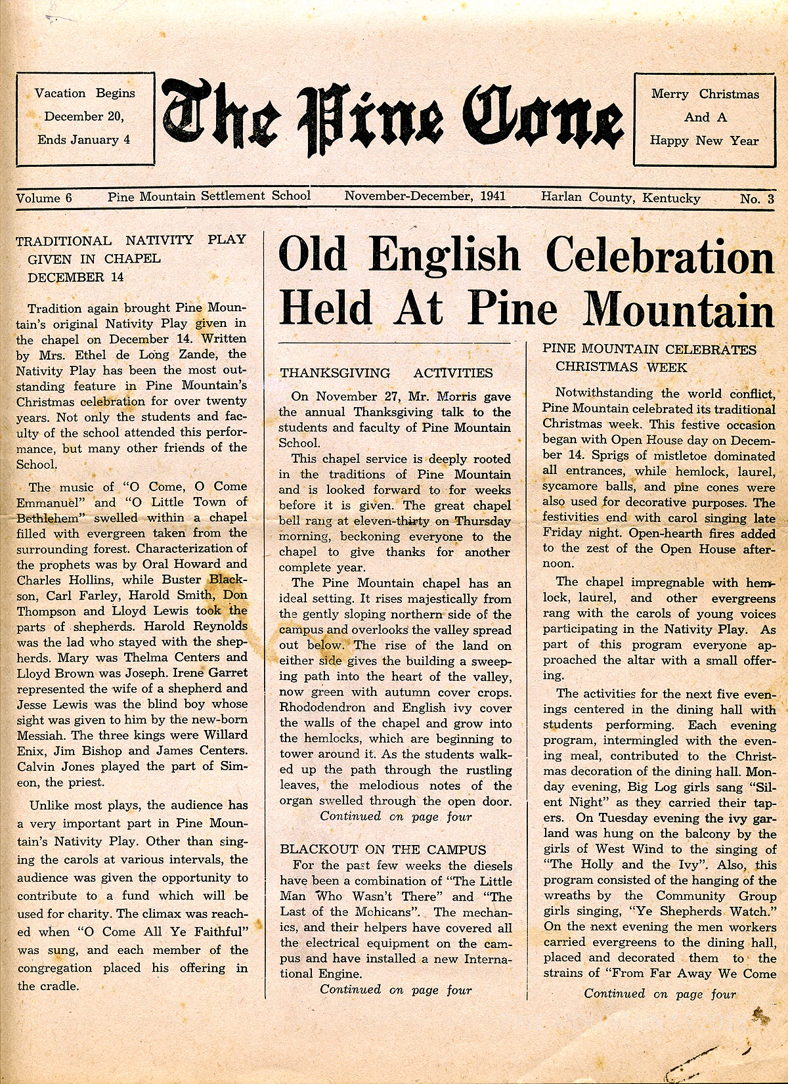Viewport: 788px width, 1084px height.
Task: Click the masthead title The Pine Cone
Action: click(x=393, y=118)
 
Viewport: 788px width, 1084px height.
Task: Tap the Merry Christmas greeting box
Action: click(x=704, y=118)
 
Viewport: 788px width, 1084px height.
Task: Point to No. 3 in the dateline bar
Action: click(x=756, y=199)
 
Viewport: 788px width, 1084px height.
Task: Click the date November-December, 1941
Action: click(x=425, y=196)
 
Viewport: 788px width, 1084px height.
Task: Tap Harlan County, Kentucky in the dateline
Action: click(x=621, y=198)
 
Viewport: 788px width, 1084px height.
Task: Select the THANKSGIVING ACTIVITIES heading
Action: click(x=386, y=373)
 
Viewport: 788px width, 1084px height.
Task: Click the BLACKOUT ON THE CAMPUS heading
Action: click(x=383, y=850)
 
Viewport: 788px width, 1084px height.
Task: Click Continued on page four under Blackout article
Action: click(x=395, y=989)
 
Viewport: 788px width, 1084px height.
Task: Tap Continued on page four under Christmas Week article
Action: click(x=659, y=994)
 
